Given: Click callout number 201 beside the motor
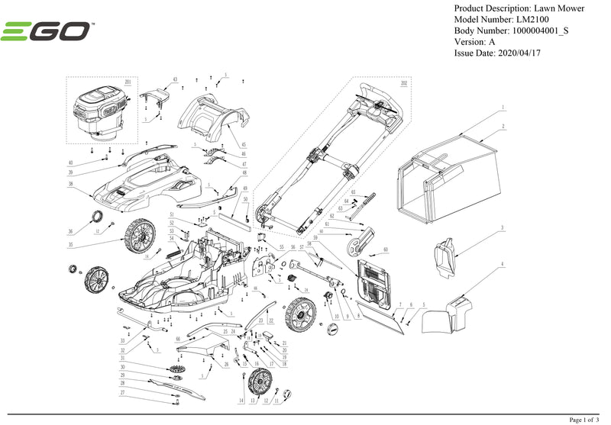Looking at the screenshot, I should [x=127, y=81].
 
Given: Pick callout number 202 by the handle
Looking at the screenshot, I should [x=404, y=82].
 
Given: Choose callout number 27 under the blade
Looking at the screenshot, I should [x=121, y=392].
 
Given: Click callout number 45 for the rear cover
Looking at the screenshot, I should [x=244, y=145].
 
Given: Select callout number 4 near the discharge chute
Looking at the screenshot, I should [x=502, y=264].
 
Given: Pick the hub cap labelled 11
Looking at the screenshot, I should [x=289, y=393].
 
